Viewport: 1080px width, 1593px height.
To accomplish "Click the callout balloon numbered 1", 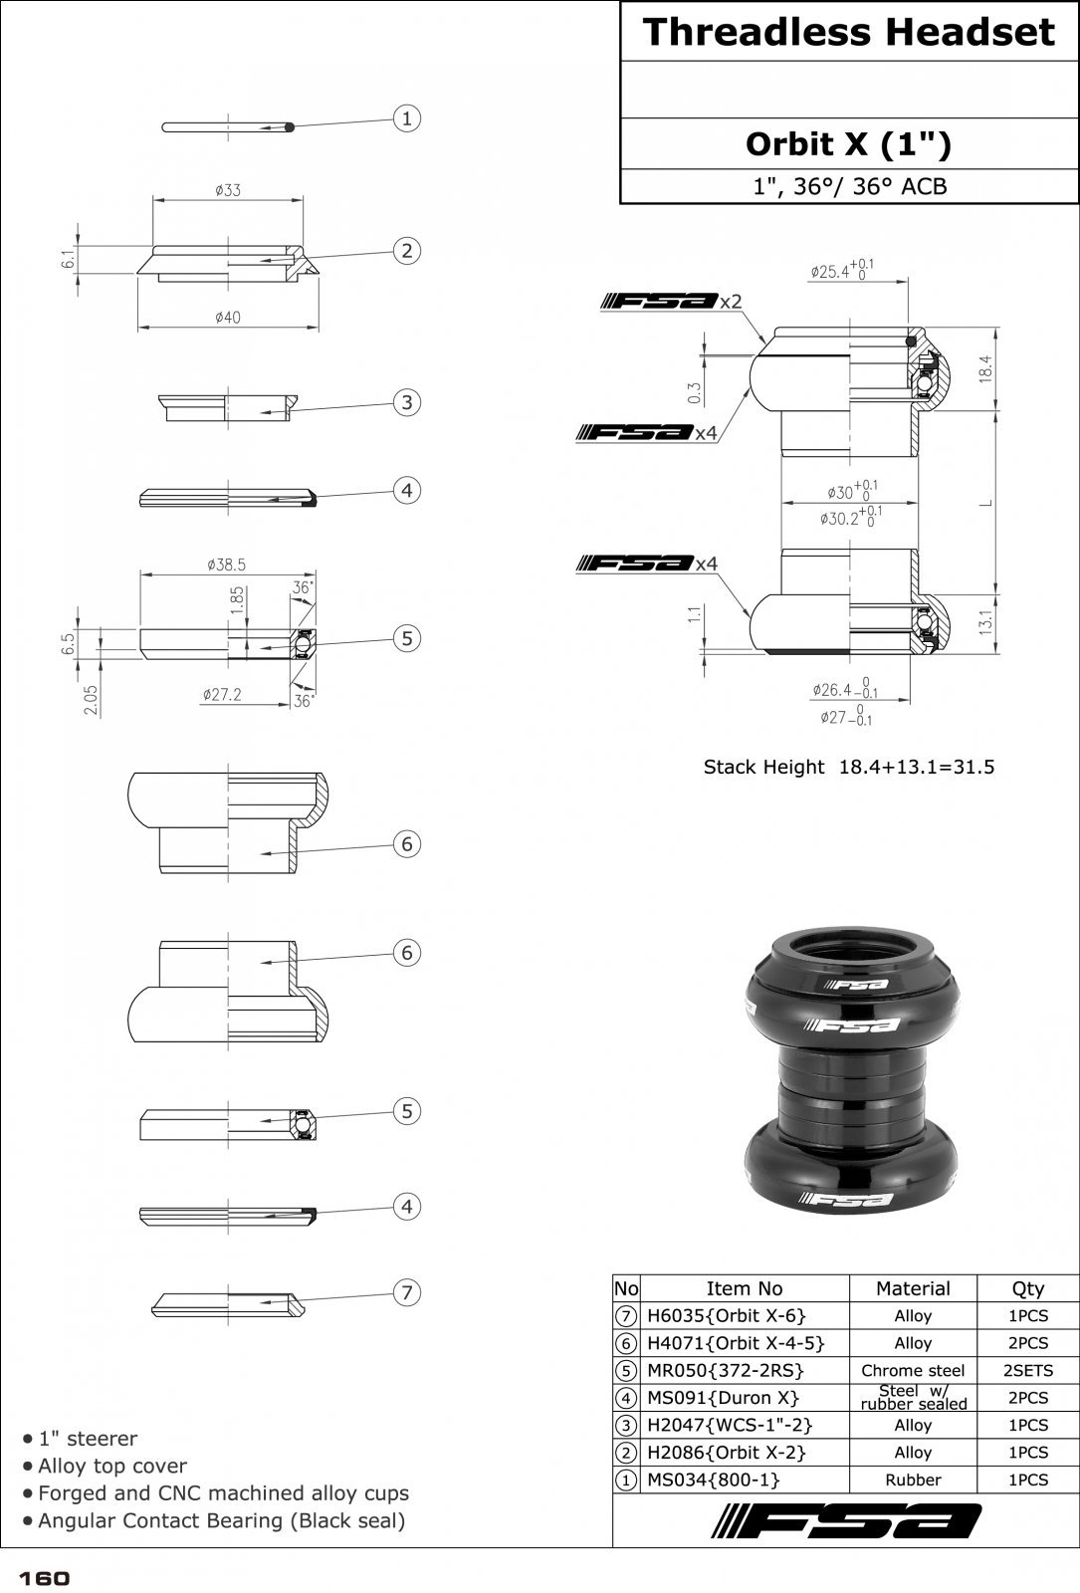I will [x=406, y=118].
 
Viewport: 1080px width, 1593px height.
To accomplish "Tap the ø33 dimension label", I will [x=227, y=189].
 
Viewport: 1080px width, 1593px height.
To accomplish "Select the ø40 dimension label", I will [x=227, y=318].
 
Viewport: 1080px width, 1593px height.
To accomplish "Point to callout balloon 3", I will [x=406, y=402].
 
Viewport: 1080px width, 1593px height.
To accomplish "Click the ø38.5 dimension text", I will [x=226, y=564].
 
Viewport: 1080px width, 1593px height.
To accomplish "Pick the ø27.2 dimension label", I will [x=221, y=694].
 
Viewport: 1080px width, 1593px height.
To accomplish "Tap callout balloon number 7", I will [x=406, y=1292].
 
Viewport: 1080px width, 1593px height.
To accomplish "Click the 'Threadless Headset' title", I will [x=848, y=32].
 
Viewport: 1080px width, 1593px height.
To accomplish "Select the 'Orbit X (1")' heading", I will [x=848, y=144].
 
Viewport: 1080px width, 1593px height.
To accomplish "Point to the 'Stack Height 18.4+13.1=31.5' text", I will [x=848, y=767].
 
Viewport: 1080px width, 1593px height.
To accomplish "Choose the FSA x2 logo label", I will [x=672, y=302].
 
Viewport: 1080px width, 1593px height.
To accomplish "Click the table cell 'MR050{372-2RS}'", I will [x=725, y=1370].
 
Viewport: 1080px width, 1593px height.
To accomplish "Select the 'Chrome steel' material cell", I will [x=913, y=1370].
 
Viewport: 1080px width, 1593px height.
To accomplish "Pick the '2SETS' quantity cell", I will [x=1027, y=1370].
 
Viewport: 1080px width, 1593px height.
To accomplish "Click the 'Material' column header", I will [x=913, y=1288].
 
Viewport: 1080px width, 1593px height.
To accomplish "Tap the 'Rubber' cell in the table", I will [x=913, y=1479].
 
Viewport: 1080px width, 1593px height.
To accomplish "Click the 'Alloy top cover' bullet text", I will [x=112, y=1466].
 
